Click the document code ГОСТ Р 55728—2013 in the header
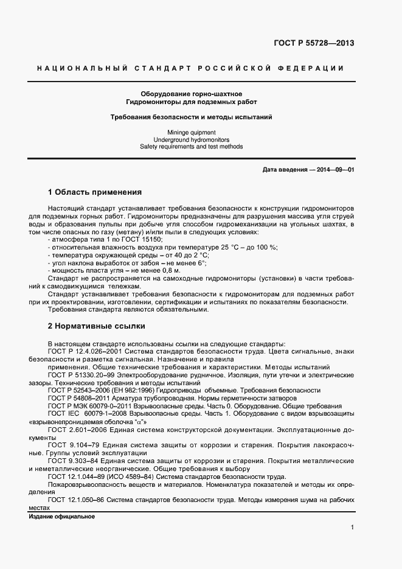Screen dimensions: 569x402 click(314, 43)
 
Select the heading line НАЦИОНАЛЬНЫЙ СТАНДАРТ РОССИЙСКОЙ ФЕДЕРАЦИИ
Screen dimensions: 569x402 click(191, 69)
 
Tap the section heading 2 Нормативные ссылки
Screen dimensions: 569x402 click(96, 326)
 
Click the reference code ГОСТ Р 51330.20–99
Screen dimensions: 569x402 click(82, 375)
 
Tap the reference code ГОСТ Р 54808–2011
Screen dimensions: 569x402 click(80, 398)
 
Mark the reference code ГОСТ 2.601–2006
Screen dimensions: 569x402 click(75, 430)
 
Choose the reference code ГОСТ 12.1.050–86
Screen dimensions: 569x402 click(77, 500)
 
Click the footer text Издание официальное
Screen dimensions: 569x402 click(62, 517)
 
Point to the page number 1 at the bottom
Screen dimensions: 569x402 click(352, 528)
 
